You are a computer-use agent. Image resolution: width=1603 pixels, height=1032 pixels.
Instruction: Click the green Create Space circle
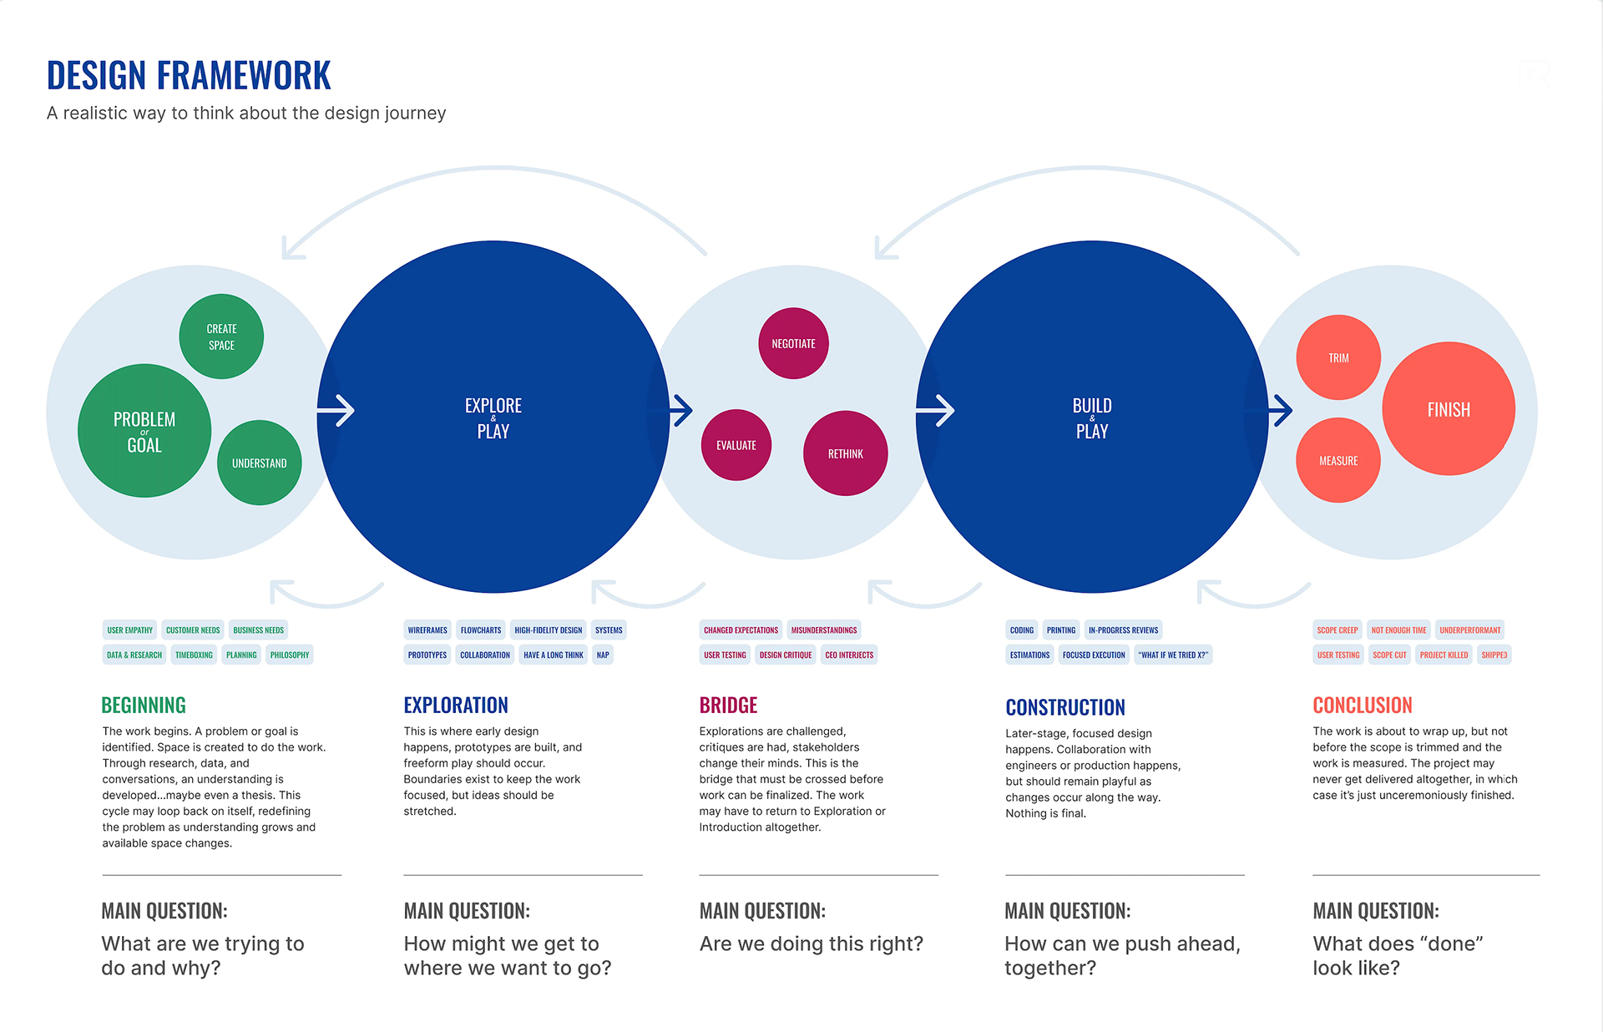pos(221,336)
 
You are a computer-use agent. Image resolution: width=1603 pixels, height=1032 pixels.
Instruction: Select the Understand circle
pos(259,463)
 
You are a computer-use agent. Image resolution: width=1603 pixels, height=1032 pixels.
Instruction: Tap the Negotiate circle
pos(793,343)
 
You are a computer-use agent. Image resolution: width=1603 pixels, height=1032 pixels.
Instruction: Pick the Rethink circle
pos(845,453)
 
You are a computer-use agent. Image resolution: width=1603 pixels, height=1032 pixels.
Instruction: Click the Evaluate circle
pos(736,445)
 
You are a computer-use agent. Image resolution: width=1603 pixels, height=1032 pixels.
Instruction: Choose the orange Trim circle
pos(1338,357)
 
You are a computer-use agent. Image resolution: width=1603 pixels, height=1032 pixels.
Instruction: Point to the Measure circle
pos(1338,460)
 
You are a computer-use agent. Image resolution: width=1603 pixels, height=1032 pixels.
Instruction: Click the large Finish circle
pos(1449,409)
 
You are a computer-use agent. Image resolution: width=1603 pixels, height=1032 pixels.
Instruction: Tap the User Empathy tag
pos(130,630)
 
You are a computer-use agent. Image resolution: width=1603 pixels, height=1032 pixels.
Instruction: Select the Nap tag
pos(603,655)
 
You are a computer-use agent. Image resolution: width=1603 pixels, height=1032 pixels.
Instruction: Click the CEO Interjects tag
pos(849,655)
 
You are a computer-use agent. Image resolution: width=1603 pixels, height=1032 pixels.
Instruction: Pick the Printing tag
pos(1060,630)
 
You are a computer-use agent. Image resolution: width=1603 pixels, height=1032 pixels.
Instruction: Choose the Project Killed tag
pos(1444,655)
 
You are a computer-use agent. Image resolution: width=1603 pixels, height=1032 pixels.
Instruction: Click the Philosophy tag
pos(290,655)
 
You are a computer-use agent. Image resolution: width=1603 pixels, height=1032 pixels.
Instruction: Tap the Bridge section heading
pos(728,706)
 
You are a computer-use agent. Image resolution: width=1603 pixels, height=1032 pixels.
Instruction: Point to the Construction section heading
pos(1064,708)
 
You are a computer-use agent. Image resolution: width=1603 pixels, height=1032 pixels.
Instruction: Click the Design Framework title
pos(189,75)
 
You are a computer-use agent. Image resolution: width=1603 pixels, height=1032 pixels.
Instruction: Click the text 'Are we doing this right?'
pos(811,943)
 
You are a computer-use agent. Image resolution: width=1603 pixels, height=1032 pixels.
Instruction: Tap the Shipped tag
pos(1494,655)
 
